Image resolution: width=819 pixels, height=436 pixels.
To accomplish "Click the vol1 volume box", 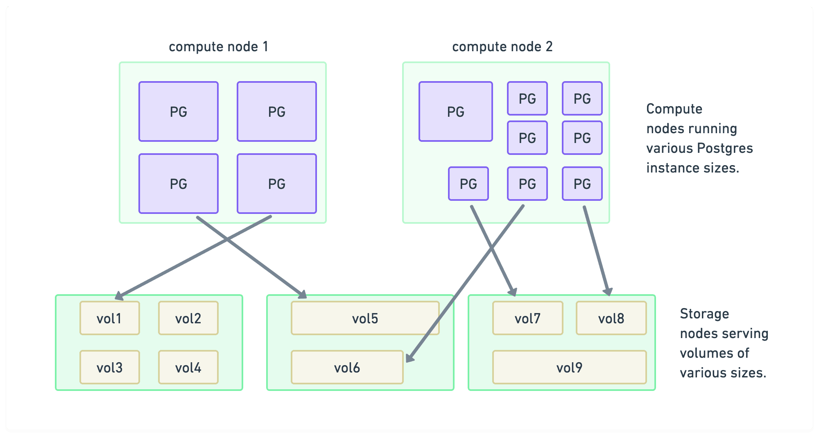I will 109,318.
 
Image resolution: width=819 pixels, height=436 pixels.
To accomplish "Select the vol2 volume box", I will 188,318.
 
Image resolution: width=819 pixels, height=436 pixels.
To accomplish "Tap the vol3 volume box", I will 109,367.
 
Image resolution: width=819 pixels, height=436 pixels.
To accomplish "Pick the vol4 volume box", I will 188,367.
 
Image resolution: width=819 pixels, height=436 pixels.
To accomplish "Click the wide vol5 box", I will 365,318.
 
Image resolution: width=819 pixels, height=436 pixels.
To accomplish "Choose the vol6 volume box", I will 347,367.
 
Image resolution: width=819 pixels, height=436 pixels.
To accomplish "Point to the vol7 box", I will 527,318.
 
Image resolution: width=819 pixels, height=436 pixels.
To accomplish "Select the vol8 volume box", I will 611,318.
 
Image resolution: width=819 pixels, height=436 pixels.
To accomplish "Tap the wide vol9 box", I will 569,367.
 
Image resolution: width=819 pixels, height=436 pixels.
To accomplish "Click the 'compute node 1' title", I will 218,47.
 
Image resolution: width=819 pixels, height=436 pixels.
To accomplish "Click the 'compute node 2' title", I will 502,47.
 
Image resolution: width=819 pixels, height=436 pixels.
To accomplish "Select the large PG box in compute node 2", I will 455,111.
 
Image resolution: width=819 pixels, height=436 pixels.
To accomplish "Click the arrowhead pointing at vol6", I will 409,358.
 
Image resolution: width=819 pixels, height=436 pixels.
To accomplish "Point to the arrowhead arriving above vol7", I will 513,292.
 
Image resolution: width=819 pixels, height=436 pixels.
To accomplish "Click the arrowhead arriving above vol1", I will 119,295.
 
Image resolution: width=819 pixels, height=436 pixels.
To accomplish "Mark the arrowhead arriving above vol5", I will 303,294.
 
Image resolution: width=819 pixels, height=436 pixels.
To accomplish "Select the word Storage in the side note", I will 704,314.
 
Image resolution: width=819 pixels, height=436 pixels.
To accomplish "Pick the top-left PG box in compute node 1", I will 178,111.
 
